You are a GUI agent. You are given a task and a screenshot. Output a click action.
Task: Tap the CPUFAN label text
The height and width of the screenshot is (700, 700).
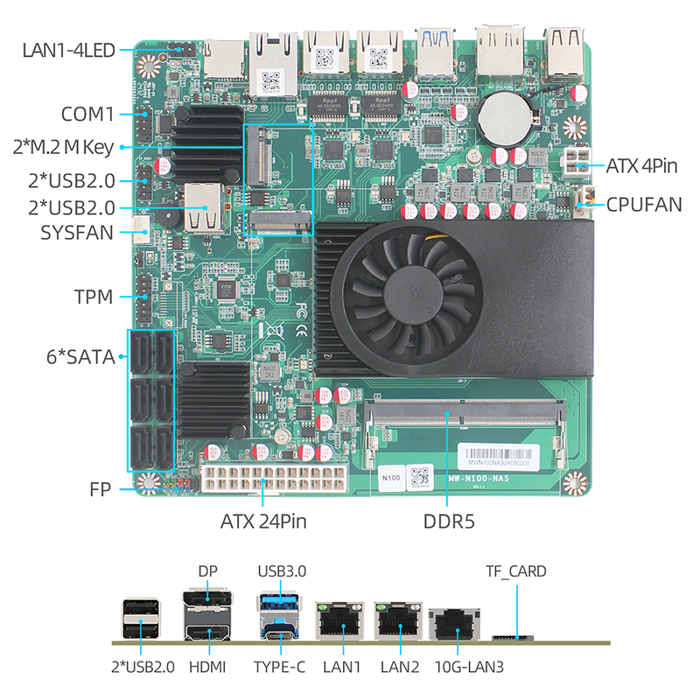644,206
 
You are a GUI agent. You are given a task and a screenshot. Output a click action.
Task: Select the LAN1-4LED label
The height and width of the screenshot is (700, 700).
68,50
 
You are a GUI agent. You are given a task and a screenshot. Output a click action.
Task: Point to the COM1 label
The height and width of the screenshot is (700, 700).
87,114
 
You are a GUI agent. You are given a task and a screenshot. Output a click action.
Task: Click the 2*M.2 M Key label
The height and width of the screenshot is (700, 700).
63,147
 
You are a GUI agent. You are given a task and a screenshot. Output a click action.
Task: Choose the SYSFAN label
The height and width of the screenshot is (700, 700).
76,233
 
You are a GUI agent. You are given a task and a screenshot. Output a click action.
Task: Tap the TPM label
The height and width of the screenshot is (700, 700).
94,297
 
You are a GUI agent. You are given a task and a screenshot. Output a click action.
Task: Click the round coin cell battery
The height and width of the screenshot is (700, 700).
510,115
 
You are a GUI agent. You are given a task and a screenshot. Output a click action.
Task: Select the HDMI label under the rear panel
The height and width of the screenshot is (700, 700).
206,667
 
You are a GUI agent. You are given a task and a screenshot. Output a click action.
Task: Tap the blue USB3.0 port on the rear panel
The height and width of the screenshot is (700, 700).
281,606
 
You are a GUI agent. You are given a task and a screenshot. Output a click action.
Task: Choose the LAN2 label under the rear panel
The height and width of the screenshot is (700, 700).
400,667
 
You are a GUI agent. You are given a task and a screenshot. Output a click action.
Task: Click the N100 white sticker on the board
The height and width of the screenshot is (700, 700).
391,478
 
